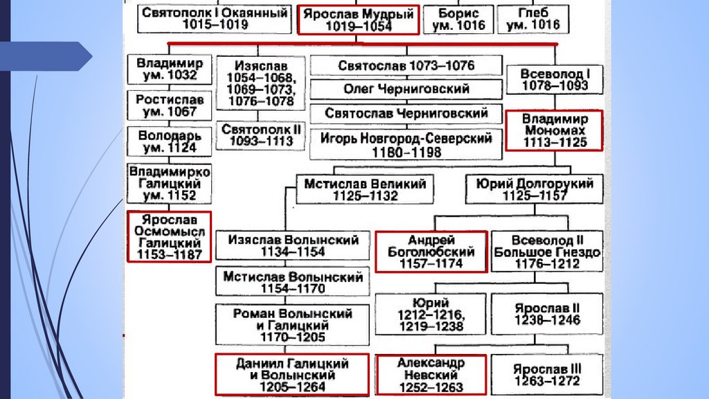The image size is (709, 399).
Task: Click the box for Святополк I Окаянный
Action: click(214, 19)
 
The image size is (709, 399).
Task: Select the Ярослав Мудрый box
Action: click(358, 19)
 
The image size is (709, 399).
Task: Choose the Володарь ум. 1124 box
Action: click(167, 141)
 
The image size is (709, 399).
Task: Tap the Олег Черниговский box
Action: click(406, 89)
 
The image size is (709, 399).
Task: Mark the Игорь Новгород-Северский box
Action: click(406, 144)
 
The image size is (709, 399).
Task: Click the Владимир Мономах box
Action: click(554, 130)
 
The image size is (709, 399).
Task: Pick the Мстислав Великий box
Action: click(365, 189)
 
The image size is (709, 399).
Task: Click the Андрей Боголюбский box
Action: click(431, 251)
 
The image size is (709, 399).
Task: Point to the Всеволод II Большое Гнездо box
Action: click(547, 251)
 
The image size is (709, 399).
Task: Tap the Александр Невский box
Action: click(431, 375)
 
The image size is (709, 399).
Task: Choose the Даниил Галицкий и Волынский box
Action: click(291, 375)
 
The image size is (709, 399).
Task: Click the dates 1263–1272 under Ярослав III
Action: click(547, 380)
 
